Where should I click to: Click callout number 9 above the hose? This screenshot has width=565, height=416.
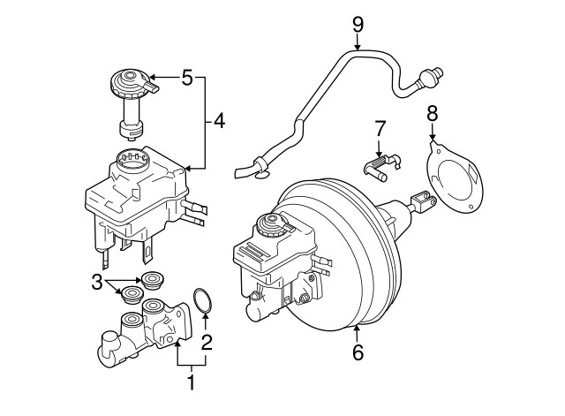358,26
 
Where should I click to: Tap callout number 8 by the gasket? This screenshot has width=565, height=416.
432,113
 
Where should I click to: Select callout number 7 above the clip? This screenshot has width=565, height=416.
380,128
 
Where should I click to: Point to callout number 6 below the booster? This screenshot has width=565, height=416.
358,352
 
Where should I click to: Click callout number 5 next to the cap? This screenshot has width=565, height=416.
187,78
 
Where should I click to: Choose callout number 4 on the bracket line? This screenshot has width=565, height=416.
220,121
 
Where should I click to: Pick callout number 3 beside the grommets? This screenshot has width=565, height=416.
96,283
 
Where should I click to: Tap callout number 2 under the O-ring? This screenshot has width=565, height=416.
207,343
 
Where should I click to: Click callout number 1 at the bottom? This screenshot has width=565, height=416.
192,382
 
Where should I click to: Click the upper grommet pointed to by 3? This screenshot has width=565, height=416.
153,280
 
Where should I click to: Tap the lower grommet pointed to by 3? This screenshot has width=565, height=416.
132,294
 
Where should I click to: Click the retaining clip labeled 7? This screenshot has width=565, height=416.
381,165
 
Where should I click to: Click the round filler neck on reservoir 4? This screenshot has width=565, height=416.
132,159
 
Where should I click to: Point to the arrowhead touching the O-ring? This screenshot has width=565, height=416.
206,317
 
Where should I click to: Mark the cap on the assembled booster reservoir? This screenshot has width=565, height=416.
273,224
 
